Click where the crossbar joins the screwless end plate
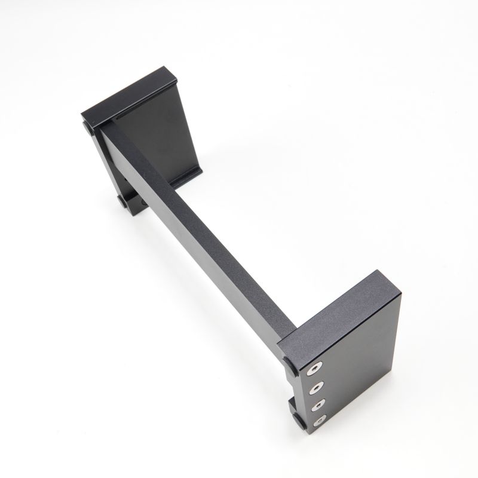114,125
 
